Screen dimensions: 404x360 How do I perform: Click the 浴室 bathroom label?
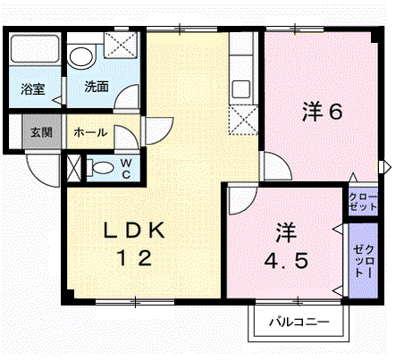[x=32, y=88]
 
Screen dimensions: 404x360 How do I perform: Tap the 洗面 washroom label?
[x=97, y=87]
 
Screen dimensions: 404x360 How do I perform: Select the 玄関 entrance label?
[x=41, y=132]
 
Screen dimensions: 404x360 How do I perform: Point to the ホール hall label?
[x=90, y=132]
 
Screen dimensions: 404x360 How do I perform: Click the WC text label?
[x=126, y=169]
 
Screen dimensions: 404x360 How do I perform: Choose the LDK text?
[x=134, y=230]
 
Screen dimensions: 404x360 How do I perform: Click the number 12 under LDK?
[x=135, y=258]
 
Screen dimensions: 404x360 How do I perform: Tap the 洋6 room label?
[x=322, y=112]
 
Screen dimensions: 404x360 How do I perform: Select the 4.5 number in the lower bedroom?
[x=286, y=261]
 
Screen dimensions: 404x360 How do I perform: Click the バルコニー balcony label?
[x=299, y=322]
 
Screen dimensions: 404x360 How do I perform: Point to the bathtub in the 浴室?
[x=35, y=49]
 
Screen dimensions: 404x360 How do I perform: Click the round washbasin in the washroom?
[x=80, y=56]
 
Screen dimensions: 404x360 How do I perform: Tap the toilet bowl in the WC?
[x=100, y=168]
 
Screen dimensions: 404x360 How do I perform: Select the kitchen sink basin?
[x=241, y=89]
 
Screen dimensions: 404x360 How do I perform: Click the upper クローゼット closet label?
[x=363, y=202]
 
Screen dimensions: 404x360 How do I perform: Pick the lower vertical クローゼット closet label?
[x=364, y=261]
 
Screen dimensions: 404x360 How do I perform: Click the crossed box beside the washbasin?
[x=121, y=45]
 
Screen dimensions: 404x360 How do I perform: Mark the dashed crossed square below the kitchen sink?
[x=243, y=120]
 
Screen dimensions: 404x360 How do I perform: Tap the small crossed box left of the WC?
[x=74, y=169]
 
